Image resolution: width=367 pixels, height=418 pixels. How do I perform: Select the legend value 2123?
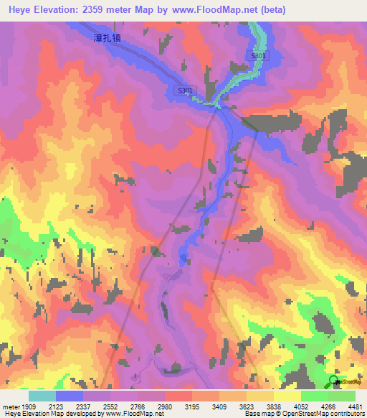56,406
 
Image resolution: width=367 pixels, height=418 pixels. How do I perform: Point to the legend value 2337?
83,406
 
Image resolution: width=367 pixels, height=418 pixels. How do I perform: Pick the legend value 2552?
110,406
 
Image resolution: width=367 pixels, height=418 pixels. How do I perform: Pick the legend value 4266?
328,406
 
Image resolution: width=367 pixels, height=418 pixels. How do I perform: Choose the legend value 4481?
355,406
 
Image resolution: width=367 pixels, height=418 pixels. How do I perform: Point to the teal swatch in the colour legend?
42,396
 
